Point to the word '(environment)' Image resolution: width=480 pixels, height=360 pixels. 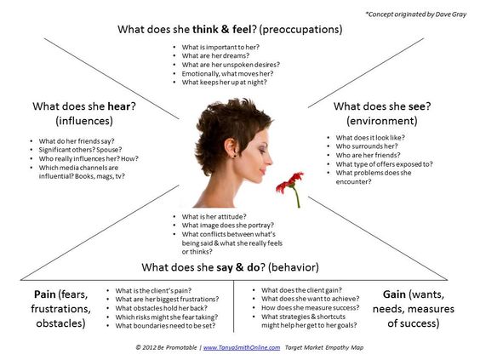click(382, 122)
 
